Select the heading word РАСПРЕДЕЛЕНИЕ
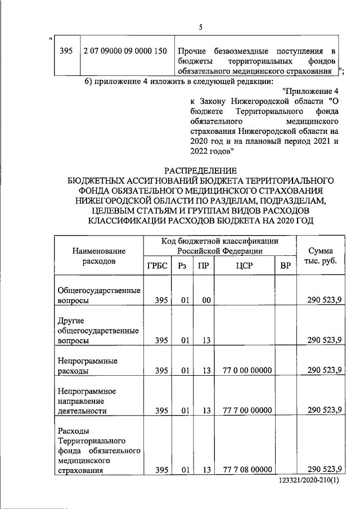coord(200,170)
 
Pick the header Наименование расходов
coord(98,256)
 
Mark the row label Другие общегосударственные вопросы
coord(98,331)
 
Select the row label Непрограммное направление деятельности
coord(85,400)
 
